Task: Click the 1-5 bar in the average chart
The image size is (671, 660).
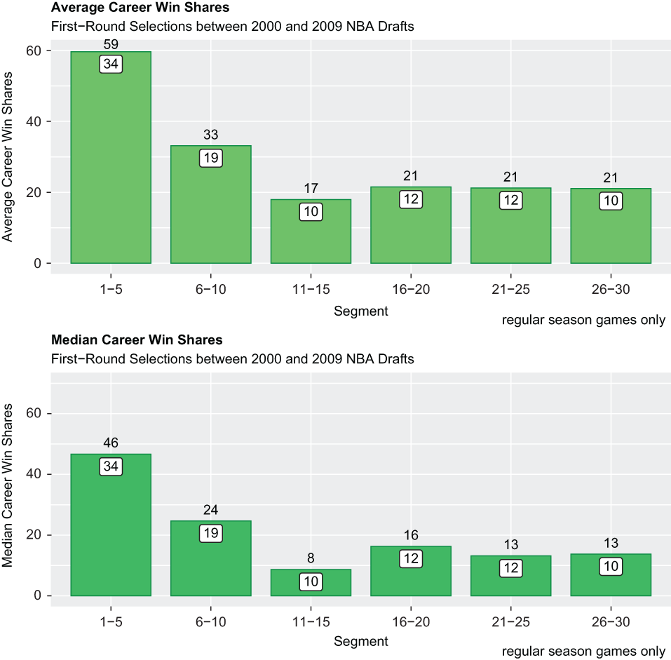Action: coord(111,157)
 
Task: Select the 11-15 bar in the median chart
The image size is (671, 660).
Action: coord(311,582)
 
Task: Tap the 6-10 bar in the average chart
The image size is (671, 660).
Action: coord(211,204)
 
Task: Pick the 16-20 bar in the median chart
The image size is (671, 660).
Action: coord(411,570)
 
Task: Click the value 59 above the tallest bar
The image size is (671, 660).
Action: coord(111,44)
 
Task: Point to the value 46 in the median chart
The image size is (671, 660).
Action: coord(111,443)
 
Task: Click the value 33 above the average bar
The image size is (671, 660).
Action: coord(211,135)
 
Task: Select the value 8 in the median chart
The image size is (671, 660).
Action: coord(311,558)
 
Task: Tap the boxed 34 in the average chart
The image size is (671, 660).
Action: coord(111,65)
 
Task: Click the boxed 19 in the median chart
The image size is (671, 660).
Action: coord(211,533)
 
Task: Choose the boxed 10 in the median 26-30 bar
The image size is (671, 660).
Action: coord(611,567)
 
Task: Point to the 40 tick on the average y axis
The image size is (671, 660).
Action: coord(34,121)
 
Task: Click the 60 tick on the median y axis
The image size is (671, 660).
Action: coord(34,413)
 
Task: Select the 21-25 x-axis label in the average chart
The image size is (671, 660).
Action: coord(510,290)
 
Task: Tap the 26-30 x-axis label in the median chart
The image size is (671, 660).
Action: coord(611,621)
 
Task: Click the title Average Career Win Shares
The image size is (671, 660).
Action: coord(140,7)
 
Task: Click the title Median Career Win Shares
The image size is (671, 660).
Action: coord(137,340)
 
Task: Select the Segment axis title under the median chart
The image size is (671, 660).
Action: coord(361,641)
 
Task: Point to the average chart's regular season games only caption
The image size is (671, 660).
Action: coord(583,320)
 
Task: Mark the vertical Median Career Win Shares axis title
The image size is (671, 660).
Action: coord(7,486)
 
